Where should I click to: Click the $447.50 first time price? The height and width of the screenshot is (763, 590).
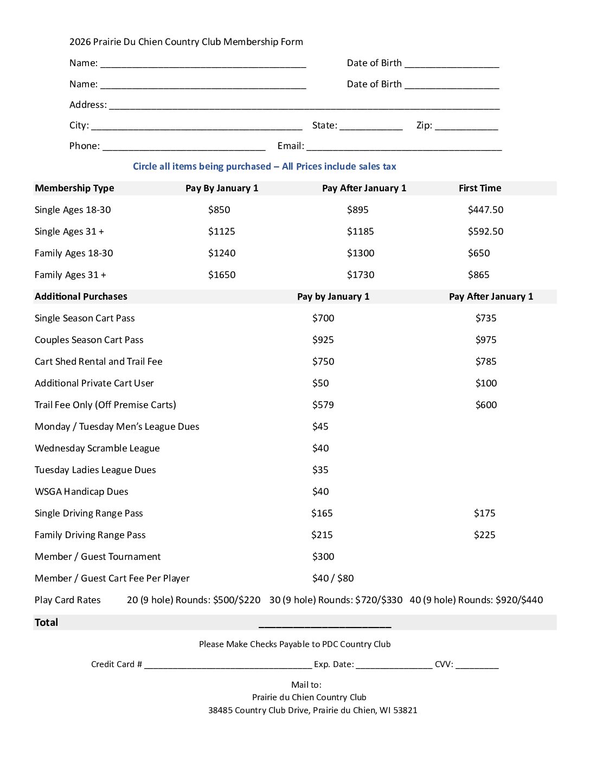pos(485,210)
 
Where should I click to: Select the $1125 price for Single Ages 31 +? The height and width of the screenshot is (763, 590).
pos(221,231)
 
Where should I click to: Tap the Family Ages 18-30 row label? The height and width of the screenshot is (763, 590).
pos(74,253)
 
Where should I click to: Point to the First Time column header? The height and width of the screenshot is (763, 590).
pos(479,188)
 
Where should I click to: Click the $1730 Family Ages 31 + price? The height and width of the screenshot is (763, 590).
pos(361,275)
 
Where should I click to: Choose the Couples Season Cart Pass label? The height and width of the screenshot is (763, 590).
pos(89,340)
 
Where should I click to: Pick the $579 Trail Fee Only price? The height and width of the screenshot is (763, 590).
pos(323,405)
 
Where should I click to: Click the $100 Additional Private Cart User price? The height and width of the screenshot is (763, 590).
pos(486,383)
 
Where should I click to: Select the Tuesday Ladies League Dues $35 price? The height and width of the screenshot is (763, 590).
pos(320,470)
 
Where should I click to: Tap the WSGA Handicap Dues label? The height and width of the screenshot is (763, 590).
pos(81,492)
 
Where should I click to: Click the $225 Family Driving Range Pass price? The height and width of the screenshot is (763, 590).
pos(484,535)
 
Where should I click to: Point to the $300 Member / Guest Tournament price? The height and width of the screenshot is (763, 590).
pos(323,557)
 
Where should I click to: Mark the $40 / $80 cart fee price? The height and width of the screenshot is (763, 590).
pos(332,578)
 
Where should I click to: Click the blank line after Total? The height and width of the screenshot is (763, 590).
pos(325,624)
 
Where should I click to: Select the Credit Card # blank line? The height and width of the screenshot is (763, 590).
pos(228,665)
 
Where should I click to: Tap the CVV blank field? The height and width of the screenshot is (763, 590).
pos(477,665)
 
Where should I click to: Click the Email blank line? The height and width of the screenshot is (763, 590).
pos(403,147)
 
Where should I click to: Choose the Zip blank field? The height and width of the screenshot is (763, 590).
pos(466,126)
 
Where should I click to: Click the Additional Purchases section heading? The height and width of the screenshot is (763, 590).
pos(81,296)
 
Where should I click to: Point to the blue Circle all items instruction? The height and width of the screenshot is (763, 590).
pos(264,166)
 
